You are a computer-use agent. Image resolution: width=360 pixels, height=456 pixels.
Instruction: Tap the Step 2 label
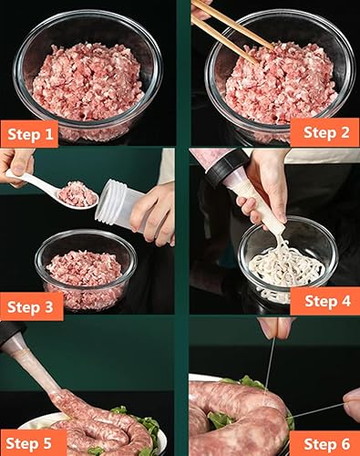click(324, 132)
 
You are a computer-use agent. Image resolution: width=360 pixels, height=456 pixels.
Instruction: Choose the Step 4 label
click(324, 300)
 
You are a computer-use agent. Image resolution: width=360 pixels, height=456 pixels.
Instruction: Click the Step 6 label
click(324, 443)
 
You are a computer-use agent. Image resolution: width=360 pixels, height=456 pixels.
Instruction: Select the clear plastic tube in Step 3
click(118, 202)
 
